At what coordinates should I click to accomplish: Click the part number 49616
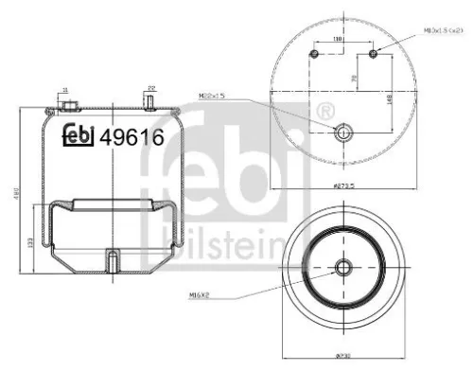(x=133, y=136)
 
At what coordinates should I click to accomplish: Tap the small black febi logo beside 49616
(x=79, y=136)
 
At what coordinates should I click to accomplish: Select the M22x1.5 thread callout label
(x=217, y=96)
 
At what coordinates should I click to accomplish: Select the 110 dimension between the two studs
(x=338, y=39)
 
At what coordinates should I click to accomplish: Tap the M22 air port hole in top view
(x=342, y=131)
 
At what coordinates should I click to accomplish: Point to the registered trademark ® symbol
(x=326, y=111)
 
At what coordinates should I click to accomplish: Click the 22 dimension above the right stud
(x=150, y=89)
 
